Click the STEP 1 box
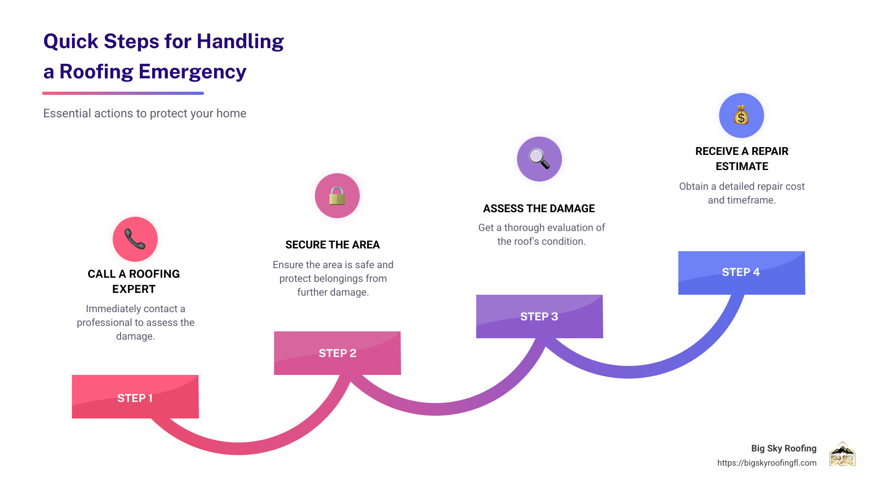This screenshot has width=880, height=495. click(135, 397)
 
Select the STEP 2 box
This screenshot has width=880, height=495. click(337, 353)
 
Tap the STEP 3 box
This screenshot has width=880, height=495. click(539, 316)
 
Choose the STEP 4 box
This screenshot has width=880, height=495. click(742, 273)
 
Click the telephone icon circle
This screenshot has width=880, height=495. click(135, 239)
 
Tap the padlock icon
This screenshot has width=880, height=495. click(337, 196)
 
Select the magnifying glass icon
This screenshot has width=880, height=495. click(539, 159)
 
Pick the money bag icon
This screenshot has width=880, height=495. click(741, 115)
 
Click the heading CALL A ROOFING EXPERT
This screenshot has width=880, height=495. click(134, 281)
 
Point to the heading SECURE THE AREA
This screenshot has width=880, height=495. click(333, 245)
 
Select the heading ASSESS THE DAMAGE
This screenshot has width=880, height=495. click(539, 209)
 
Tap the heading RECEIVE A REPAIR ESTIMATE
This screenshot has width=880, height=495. click(742, 159)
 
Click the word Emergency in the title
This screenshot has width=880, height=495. click(192, 72)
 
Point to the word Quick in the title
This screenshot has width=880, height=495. click(71, 42)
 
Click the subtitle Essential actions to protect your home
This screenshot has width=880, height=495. click(145, 113)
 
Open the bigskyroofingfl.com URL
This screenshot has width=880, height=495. click(767, 463)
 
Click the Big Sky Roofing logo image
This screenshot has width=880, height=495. click(842, 454)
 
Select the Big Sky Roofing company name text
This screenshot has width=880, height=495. click(784, 448)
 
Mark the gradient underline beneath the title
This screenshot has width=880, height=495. click(123, 93)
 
